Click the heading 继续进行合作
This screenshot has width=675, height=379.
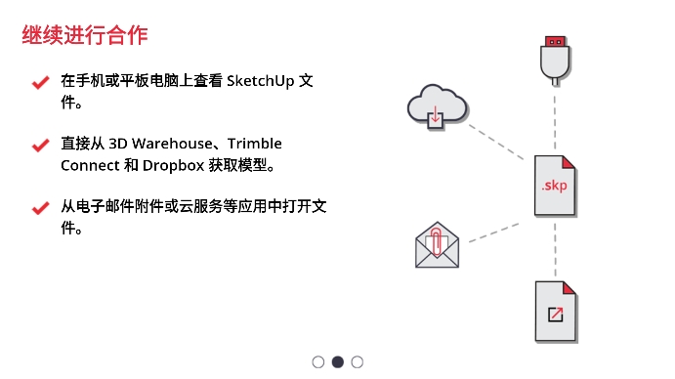click(x=85, y=36)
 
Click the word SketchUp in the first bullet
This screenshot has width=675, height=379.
click(x=261, y=81)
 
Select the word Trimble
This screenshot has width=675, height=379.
click(x=254, y=144)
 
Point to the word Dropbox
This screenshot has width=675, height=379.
click(x=173, y=164)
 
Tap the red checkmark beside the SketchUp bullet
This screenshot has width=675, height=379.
click(x=40, y=83)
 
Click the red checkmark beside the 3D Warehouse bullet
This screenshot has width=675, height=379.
click(x=40, y=145)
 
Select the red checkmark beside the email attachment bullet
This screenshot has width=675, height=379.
click(x=40, y=207)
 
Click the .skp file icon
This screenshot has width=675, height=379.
click(x=555, y=185)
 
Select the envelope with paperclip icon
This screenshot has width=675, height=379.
click(x=437, y=245)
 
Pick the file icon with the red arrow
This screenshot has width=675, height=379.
click(x=555, y=311)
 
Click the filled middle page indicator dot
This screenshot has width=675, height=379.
click(x=338, y=361)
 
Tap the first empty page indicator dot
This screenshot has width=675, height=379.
click(x=318, y=361)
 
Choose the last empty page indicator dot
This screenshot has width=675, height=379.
click(x=358, y=361)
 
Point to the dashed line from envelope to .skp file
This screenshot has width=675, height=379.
click(x=494, y=231)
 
